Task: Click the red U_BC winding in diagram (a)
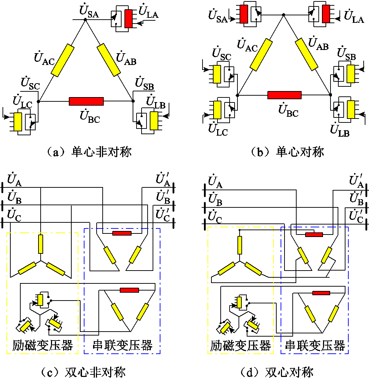(x=86, y=101)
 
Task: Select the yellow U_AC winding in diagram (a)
(x=63, y=60)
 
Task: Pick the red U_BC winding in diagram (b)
(x=285, y=95)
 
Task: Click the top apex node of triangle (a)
(x=85, y=20)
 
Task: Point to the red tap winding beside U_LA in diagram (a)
(x=128, y=19)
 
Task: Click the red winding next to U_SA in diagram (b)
(x=244, y=14)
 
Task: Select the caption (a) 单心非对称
(x=89, y=152)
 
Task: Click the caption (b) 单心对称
(x=287, y=152)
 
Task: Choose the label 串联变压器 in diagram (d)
(x=315, y=345)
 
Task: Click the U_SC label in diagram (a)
(x=30, y=84)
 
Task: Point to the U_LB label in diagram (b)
(x=340, y=130)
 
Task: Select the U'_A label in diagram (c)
(x=163, y=179)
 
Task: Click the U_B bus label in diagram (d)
(x=215, y=200)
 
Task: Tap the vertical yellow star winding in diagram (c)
(x=41, y=244)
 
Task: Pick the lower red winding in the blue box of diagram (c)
(x=129, y=290)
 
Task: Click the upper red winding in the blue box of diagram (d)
(x=314, y=235)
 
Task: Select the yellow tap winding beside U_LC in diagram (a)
(x=18, y=122)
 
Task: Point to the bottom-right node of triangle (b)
(x=330, y=95)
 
